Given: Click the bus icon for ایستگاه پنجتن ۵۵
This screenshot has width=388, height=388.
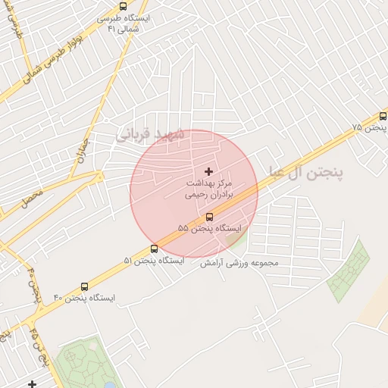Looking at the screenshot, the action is tap(210, 216).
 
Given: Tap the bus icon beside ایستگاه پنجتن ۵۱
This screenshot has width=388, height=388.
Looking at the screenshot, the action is tap(155, 249).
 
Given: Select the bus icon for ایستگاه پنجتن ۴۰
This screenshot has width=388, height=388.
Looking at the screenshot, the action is tap(84, 286).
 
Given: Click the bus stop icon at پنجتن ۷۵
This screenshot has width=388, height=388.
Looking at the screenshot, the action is tap(383, 116).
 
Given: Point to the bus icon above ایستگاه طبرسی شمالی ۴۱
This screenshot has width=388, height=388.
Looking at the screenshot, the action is tap(124, 6).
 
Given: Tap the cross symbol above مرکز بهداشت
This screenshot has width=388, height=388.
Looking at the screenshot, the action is tap(209, 173).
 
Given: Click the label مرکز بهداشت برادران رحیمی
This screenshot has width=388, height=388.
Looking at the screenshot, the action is tap(209, 189).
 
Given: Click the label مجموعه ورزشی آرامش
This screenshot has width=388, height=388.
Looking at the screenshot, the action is tap(239, 263).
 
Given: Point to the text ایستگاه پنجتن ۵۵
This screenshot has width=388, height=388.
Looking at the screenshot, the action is tap(209, 227).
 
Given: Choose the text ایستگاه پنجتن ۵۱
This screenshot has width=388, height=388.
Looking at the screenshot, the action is tap(153, 260).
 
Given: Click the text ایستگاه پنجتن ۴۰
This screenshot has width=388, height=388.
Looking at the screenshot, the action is tap(83, 298).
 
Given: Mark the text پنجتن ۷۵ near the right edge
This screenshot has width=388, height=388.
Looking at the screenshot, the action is tap(369, 128).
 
